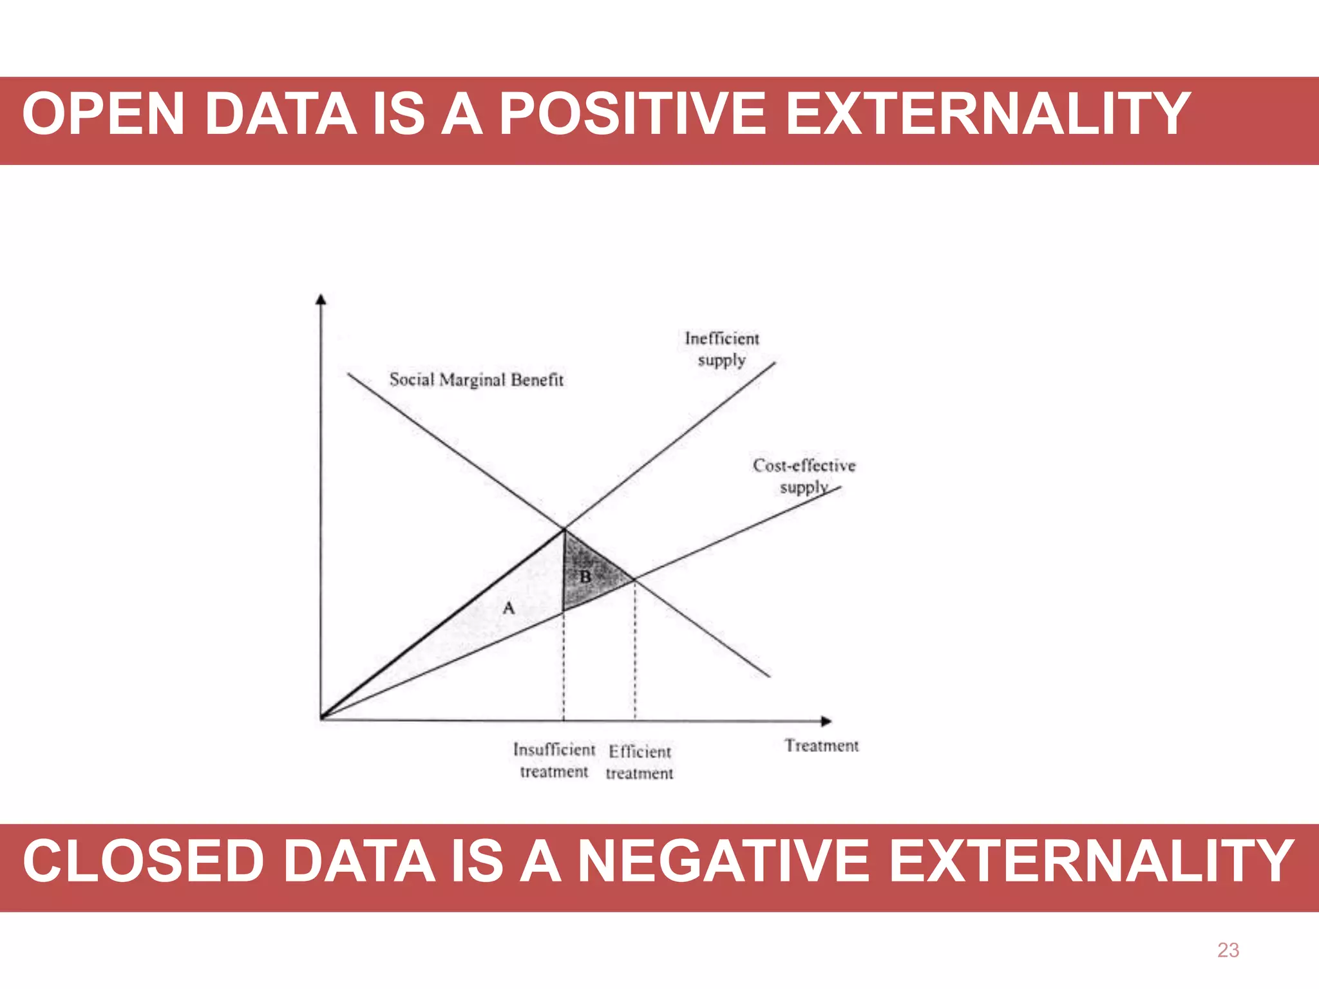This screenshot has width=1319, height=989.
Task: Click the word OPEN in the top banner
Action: pyautogui.click(x=104, y=114)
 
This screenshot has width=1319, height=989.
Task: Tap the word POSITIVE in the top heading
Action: pyautogui.click(x=632, y=114)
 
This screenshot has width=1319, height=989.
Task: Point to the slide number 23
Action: pyautogui.click(x=1228, y=950)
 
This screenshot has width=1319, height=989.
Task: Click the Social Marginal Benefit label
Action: pyautogui.click(x=476, y=380)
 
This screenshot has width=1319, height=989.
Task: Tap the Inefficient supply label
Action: pyautogui.click(x=721, y=349)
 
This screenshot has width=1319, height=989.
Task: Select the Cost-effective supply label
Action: pyautogui.click(x=804, y=475)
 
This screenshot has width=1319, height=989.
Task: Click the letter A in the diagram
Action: pyautogui.click(x=509, y=608)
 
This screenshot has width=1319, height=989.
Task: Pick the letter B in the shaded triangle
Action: pyautogui.click(x=585, y=576)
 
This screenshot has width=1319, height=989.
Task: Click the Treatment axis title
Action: pyautogui.click(x=821, y=746)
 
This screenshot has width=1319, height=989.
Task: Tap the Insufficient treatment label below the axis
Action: pyautogui.click(x=554, y=760)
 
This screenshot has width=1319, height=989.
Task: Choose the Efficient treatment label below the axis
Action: pyautogui.click(x=640, y=762)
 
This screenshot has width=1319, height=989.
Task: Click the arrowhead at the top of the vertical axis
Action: pyautogui.click(x=321, y=299)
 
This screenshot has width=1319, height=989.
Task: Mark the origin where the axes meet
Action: pyautogui.click(x=321, y=717)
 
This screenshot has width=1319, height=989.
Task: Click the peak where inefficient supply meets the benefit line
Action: pyautogui.click(x=564, y=529)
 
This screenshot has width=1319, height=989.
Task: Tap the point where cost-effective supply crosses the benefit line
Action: pyautogui.click(x=634, y=580)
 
